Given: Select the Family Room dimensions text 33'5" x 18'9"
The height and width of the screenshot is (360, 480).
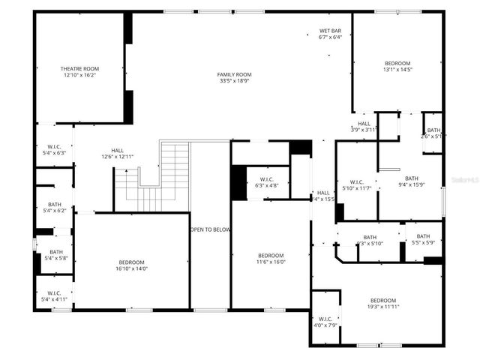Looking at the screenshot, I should point(234,82).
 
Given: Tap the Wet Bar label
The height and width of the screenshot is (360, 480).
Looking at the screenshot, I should point(330,31).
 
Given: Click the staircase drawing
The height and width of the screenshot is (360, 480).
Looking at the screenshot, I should point(161,176).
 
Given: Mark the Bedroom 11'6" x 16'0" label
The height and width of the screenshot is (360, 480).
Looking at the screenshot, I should point(271,258).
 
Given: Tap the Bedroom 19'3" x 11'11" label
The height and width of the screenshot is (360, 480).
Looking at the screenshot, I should point(382,303).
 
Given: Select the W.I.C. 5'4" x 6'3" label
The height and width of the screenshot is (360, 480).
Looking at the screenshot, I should point(54,149).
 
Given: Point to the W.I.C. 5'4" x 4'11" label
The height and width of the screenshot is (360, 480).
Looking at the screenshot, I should point(54,295).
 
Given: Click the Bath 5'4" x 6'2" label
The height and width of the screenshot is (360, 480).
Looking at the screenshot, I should point(54,207).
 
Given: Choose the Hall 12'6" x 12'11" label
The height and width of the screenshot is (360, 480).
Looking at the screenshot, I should point(118,153).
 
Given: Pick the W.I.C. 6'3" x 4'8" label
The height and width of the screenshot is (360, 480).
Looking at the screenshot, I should point(266,181).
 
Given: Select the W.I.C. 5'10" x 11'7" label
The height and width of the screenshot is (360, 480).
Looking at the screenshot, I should point(356,184).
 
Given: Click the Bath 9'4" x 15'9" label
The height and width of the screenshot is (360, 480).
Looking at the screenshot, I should point(412,181).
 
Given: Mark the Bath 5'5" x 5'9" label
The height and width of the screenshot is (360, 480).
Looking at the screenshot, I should point(423,239).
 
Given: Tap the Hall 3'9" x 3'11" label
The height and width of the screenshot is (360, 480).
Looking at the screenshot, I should point(364,126).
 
